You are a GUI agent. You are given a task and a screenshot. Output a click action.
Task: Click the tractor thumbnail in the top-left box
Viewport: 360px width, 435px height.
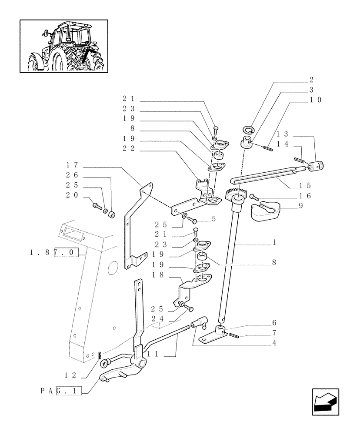[64, 46]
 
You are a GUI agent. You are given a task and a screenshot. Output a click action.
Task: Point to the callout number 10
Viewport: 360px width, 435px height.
[316, 100]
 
